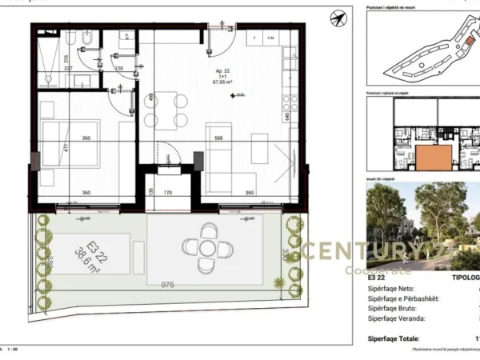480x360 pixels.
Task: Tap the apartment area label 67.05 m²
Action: (222, 82)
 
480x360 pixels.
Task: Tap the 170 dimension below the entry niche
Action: (168, 193)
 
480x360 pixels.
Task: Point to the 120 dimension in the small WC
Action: (118, 69)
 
